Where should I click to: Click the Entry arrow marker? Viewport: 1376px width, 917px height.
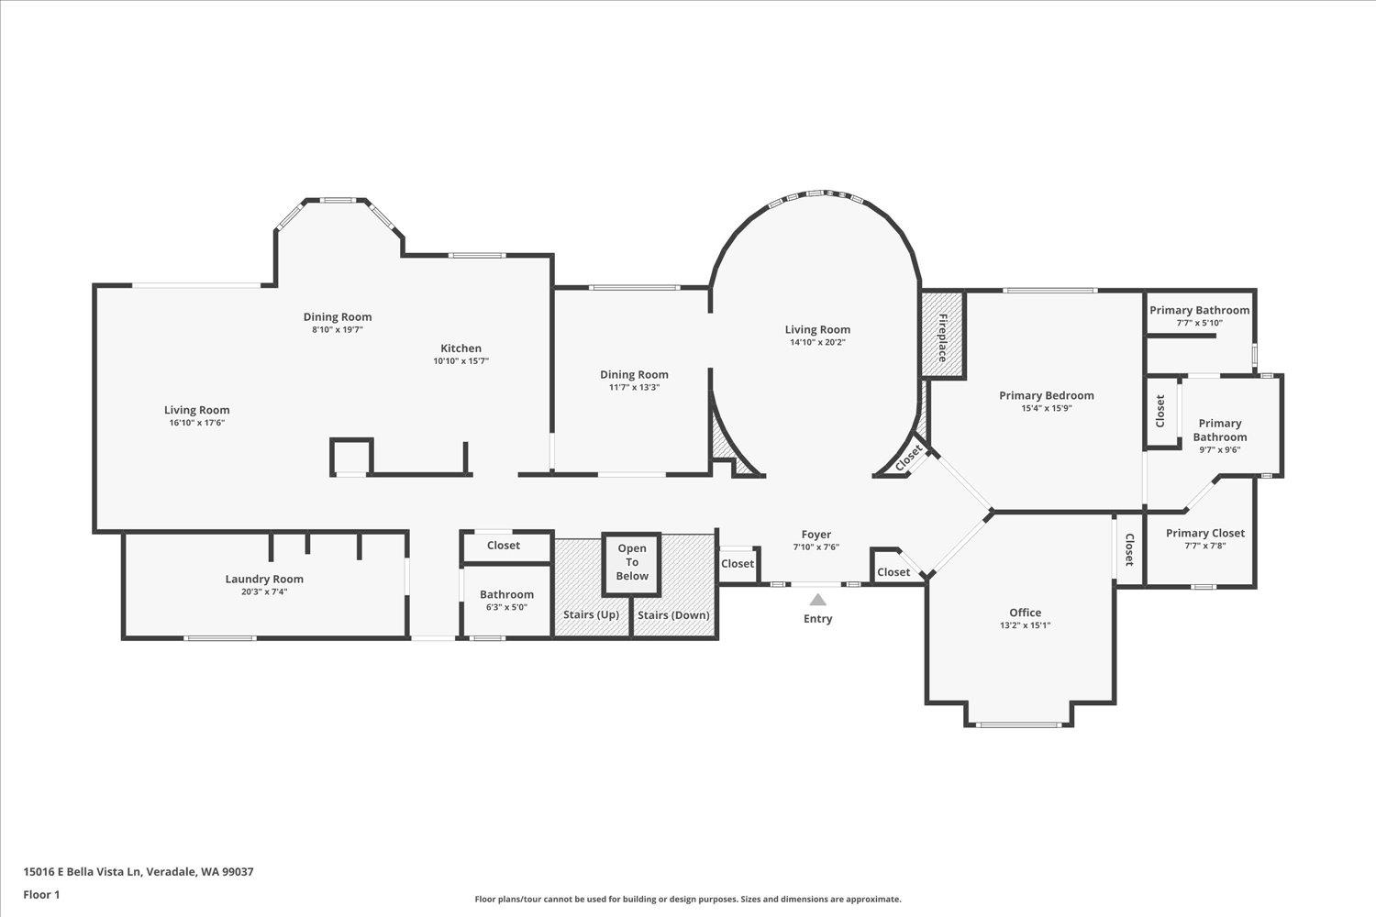click(817, 600)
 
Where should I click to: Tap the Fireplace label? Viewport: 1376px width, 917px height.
click(942, 337)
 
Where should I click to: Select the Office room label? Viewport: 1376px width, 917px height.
click(1025, 613)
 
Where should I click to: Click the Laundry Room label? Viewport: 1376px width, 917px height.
click(264, 579)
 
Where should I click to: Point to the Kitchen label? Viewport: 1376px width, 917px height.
click(461, 348)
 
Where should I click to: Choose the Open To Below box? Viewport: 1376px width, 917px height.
click(631, 562)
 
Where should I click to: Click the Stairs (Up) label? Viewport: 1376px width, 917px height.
click(591, 614)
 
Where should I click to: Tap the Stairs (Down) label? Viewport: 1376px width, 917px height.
click(673, 614)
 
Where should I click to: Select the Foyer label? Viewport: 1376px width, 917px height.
click(816, 535)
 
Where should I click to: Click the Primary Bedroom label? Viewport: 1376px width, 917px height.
click(1046, 396)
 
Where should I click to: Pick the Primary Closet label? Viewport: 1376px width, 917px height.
click(1204, 534)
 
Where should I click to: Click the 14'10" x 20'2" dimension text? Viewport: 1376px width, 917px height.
click(817, 343)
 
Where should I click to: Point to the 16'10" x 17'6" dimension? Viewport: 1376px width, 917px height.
click(196, 424)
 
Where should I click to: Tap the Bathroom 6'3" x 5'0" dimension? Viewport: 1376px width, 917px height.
click(506, 607)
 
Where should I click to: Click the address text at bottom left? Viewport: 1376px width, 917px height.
click(139, 872)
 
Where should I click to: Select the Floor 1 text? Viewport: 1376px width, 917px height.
click(41, 894)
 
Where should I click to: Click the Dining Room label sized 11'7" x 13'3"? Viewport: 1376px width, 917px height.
click(634, 374)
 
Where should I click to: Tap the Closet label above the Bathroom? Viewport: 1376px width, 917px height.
click(503, 546)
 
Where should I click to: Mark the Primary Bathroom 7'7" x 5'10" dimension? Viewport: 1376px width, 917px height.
click(1199, 323)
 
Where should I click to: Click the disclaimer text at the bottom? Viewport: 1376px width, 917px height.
click(687, 900)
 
